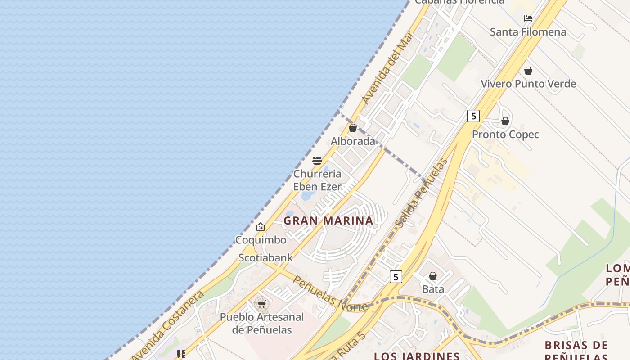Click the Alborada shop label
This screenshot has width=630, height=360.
click(353, 141)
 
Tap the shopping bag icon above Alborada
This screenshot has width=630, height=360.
click(353, 128)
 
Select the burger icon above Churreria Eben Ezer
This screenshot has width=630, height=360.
click(317, 161)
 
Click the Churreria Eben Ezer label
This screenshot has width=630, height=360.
click(317, 180)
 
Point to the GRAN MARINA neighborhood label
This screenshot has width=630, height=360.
click(328, 220)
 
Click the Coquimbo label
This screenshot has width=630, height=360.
click(261, 240)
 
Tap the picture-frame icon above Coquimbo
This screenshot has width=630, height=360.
click(261, 227)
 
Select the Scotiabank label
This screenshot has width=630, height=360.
click(265, 258)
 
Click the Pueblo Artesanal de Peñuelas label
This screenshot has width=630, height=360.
click(262, 323)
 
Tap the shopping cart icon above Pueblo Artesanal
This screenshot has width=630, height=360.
click(261, 304)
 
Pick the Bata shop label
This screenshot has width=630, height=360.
click(433, 289)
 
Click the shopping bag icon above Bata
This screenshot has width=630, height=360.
click(433, 276)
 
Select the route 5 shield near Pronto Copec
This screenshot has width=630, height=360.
click(473, 116)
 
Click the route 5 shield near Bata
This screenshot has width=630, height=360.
click(396, 277)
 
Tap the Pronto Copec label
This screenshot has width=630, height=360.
click(505, 135)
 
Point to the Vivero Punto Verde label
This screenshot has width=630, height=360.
click(528, 84)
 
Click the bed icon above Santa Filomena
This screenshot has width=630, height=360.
click(528, 18)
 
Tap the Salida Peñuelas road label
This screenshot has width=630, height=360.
click(422, 193)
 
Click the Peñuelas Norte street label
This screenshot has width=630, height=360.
click(330, 293)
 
